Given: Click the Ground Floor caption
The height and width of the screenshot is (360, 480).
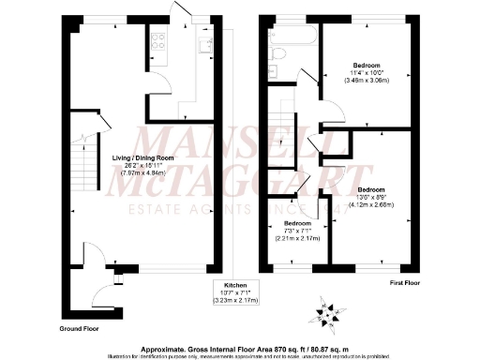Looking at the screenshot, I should tap(81, 330).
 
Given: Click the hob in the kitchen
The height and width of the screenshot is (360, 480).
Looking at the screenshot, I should tap(157, 41).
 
